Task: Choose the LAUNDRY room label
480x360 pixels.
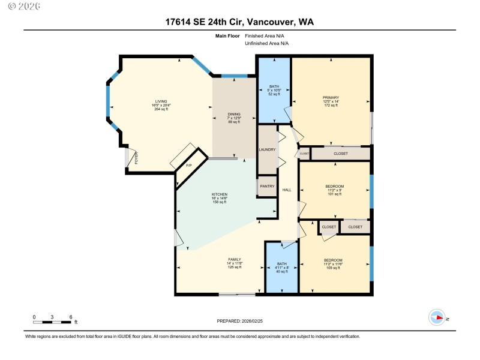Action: pyautogui.click(x=267, y=149)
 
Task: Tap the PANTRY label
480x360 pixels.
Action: pyautogui.click(x=267, y=187)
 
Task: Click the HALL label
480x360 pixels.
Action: pyautogui.click(x=287, y=190)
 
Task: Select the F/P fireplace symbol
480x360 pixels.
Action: pyautogui.click(x=188, y=165)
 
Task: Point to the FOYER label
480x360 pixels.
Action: pyautogui.click(x=136, y=158)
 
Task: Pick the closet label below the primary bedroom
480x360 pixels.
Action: pyautogui.click(x=340, y=154)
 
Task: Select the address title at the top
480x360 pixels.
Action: pyautogui.click(x=239, y=22)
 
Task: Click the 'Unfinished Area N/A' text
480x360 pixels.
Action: pyautogui.click(x=266, y=43)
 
